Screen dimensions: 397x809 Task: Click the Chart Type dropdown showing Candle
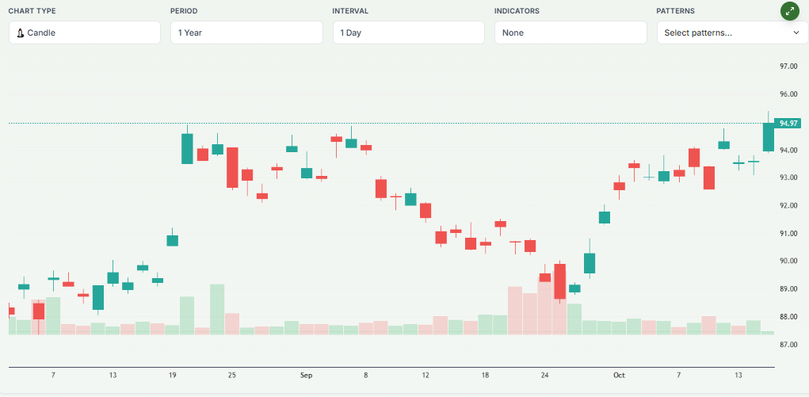tap(84, 32)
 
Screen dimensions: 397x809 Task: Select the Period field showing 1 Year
tap(246, 32)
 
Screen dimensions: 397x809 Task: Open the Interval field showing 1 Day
tap(408, 32)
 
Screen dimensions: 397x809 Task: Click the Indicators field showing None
tap(570, 32)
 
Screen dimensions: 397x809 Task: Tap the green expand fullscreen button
tap(789, 11)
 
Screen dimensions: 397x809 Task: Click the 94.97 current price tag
tap(788, 124)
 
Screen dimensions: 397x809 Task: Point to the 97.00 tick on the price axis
tap(788, 67)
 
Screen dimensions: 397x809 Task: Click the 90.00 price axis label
tap(788, 261)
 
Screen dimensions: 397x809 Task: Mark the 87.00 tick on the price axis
tap(788, 345)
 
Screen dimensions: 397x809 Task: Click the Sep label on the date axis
tap(306, 375)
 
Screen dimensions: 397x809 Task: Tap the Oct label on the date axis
tap(618, 375)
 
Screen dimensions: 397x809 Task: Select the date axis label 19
tap(172, 375)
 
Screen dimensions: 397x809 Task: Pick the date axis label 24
tap(544, 375)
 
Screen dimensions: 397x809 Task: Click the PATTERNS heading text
tap(675, 11)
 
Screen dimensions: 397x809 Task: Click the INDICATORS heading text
tap(517, 11)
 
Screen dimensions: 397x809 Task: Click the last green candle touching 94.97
tap(768, 137)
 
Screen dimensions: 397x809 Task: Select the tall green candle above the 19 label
tap(187, 148)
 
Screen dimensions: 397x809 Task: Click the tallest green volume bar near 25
tap(217, 309)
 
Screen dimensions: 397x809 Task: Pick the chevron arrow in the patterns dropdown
tap(796, 32)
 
